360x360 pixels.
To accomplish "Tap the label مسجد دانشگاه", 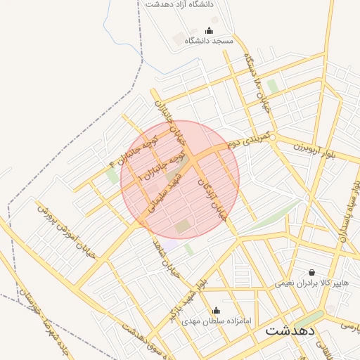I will [208, 41].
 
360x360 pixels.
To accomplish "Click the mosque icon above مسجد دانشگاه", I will [208, 30].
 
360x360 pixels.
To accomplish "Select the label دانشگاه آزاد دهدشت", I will [179, 4].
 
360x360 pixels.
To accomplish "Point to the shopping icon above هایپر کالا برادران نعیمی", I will [311, 272].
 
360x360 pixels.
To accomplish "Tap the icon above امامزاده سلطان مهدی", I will [216, 310].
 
